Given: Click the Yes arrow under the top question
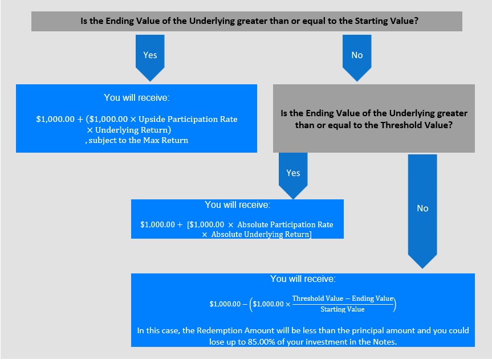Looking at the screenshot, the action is point(150,58).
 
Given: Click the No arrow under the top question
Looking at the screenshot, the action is point(357,58).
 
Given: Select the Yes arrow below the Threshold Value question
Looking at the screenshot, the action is point(293,175).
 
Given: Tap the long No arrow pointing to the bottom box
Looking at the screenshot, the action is point(422,211).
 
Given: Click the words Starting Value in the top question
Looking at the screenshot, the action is point(387,21).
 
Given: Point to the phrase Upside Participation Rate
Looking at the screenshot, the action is point(188,119).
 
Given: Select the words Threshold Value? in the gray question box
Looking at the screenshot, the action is point(416,125).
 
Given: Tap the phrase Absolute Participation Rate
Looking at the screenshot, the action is point(285,224).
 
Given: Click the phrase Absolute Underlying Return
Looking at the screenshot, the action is point(261,234).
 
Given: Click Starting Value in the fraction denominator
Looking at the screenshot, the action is point(342,309).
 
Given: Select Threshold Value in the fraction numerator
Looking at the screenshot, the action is point(318,298).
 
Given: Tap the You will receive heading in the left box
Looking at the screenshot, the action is point(136,97).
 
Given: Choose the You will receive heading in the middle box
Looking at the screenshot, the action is point(238,204).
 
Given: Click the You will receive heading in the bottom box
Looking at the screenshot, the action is point(303,279).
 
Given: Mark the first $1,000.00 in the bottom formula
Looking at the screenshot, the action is point(225,304).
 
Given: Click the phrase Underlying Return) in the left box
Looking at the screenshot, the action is point(133,130).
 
